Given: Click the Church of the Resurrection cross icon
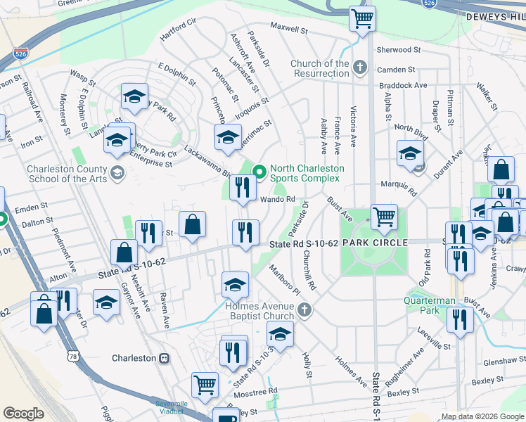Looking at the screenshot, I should click(360, 68).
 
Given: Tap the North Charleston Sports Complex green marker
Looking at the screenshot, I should click(259, 171).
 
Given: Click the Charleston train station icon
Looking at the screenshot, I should click(164, 358).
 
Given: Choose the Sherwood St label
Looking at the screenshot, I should click(398, 50).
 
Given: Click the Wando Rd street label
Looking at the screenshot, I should click(278, 199).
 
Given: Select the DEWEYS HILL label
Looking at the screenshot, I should click(495, 15).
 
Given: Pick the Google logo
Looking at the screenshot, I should click(24, 414).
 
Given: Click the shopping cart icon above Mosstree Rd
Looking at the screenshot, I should click(205, 385).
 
